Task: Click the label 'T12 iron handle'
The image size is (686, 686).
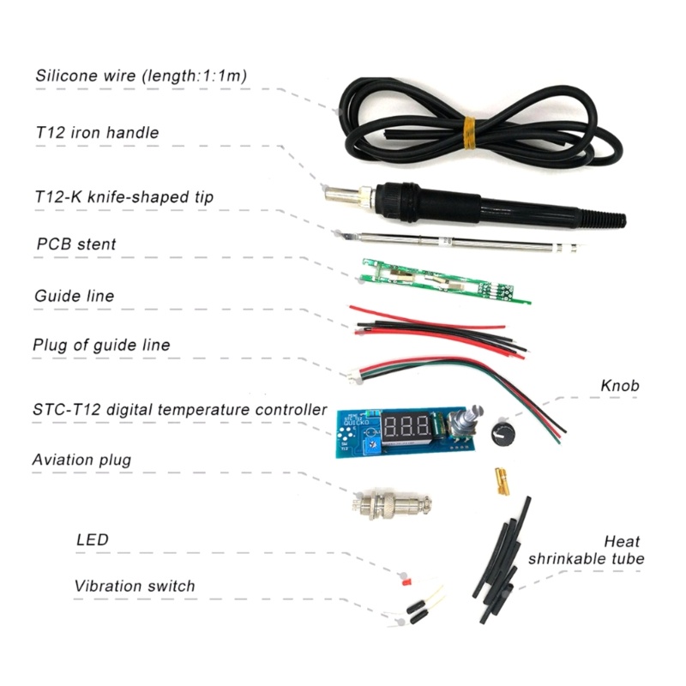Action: coord(97,132)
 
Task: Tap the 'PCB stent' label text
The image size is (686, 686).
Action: coord(76,244)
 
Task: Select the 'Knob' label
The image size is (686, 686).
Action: coord(619,385)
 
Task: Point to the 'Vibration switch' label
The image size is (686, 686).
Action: coord(135,586)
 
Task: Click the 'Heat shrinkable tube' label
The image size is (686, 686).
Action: coord(587,550)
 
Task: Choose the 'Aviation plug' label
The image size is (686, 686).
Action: coord(81,460)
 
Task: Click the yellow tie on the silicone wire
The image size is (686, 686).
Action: coord(469,133)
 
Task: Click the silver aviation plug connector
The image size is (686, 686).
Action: coord(393,505)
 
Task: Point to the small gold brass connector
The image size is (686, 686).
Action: coord(502,482)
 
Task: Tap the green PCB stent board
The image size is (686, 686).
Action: coord(445,281)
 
